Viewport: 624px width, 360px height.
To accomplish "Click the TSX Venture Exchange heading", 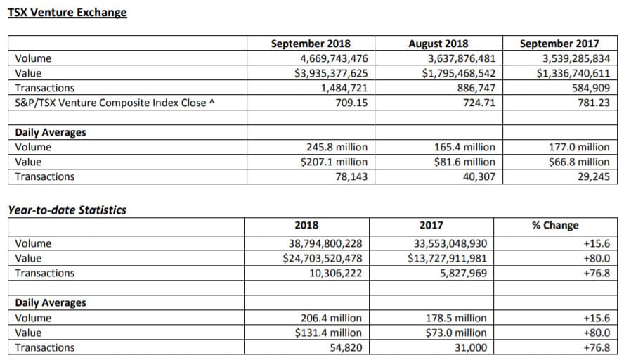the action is tap(67, 13).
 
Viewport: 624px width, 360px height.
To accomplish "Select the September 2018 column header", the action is tap(311, 44).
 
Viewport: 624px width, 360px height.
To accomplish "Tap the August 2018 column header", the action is tap(438, 44).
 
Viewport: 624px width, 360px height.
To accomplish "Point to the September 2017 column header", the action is tap(559, 44).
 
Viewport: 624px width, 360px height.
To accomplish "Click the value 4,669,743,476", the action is tap(334, 58).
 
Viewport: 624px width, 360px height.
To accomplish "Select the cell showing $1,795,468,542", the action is tap(459, 73).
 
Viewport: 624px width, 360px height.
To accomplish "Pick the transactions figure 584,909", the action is tap(590, 88).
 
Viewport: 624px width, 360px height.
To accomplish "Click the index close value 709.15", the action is tap(352, 103).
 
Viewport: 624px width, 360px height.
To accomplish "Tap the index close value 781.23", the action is tap(594, 103).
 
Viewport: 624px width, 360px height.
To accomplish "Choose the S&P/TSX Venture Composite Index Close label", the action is tap(115, 103).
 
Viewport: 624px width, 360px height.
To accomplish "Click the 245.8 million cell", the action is tap(337, 147).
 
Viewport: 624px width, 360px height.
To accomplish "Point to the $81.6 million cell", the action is tap(464, 162).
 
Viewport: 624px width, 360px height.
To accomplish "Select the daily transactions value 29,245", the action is tap(594, 176).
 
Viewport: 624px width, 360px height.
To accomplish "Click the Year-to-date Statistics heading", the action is tap(67, 210).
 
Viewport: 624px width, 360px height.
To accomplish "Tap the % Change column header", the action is tap(555, 225).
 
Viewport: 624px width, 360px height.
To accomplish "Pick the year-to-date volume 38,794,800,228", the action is tap(325, 243).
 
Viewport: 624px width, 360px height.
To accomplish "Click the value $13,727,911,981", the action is tap(447, 258).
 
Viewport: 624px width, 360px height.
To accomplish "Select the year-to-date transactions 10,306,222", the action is tap(336, 273).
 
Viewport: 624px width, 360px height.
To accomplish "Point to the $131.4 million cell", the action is tap(328, 333).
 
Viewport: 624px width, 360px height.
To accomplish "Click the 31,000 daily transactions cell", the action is tap(471, 347).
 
